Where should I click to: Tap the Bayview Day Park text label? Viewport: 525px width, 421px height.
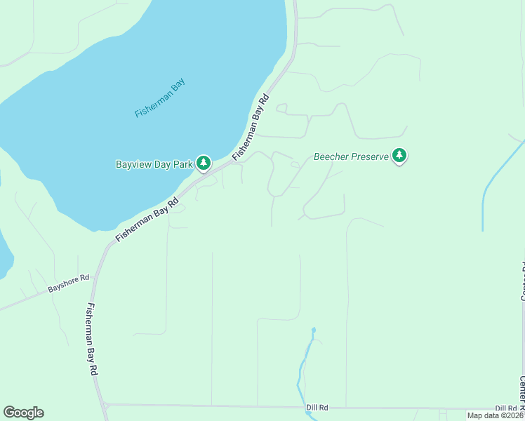154,164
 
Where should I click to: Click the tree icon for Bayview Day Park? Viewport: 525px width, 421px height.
204,163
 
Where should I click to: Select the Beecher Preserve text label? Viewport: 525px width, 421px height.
350,156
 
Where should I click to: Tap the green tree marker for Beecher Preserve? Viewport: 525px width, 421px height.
399,155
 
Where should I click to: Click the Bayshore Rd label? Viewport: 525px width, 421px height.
68,283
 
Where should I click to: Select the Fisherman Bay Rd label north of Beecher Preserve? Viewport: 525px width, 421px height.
251,127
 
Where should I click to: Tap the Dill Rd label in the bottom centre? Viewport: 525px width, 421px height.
317,407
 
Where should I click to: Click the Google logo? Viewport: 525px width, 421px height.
23,413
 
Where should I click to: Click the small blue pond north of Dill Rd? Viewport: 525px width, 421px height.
313,329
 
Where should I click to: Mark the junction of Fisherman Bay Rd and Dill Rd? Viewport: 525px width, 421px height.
105,405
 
